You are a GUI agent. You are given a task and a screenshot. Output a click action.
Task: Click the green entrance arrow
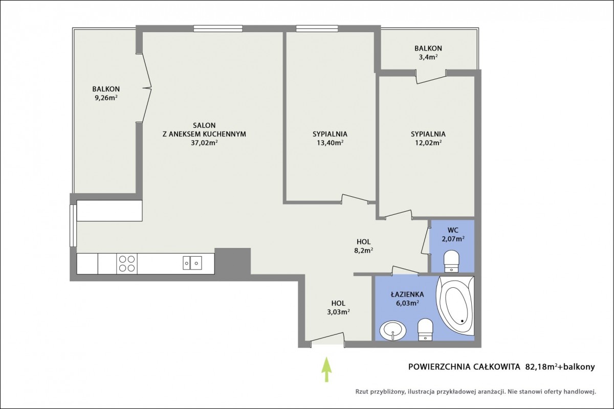click(326, 369)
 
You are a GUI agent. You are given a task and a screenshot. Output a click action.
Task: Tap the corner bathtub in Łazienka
click(455, 305)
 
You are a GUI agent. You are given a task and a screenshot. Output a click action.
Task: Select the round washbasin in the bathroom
click(393, 330)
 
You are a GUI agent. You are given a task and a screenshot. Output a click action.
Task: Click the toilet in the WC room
click(451, 261)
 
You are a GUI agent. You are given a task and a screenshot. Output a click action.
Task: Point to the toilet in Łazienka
click(425, 329)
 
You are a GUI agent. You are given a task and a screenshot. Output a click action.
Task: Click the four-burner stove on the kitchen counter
click(127, 263)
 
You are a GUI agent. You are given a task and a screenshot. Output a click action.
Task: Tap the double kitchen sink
click(192, 263)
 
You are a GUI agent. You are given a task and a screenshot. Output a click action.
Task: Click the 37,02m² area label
click(204, 143)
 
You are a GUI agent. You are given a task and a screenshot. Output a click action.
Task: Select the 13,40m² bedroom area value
click(330, 143)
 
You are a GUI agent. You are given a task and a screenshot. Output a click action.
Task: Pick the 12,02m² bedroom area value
click(428, 143)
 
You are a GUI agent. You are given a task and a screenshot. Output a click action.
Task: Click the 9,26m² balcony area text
click(106, 98)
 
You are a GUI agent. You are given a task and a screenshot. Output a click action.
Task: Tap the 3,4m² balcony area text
click(428, 57)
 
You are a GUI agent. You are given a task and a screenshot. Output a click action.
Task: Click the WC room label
click(453, 230)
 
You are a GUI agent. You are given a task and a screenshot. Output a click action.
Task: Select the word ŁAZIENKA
click(407, 294)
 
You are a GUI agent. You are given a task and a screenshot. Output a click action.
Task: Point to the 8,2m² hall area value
click(363, 251)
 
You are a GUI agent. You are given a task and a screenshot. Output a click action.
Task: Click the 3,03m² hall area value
click(338, 312)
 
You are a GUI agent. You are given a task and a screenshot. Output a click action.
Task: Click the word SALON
click(204, 125)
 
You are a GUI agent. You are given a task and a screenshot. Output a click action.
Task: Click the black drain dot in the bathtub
click(462, 321)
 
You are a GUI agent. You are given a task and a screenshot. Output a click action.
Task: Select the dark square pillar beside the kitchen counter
click(232, 261)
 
